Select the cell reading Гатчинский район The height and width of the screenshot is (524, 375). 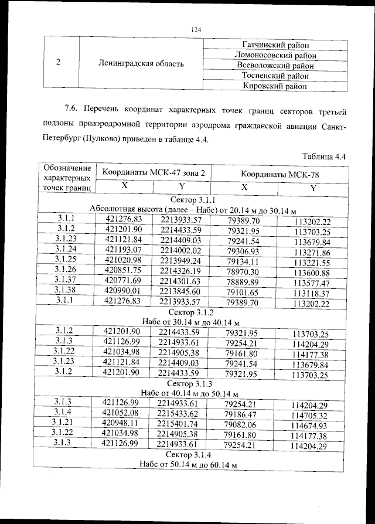(x=275, y=45)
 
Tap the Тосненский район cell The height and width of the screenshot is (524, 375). (x=275, y=76)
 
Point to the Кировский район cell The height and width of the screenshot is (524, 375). (x=275, y=86)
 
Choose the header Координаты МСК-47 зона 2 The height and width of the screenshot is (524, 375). (x=154, y=173)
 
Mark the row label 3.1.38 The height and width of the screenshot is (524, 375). (x=66, y=291)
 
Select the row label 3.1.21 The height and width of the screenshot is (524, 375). (x=63, y=423)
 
